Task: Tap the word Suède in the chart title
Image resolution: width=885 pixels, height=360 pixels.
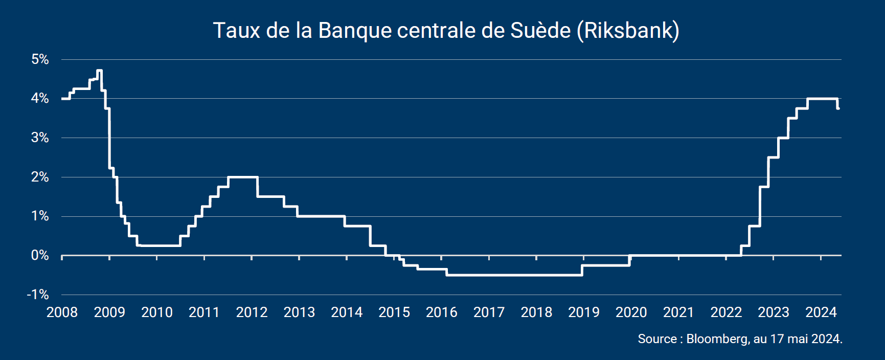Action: (x=540, y=31)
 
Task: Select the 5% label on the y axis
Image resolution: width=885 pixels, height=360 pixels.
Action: (x=40, y=59)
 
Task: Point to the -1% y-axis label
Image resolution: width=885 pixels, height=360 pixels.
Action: (x=38, y=295)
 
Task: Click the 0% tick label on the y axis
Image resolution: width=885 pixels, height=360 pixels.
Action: (x=40, y=255)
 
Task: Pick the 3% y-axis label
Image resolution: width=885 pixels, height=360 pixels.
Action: (x=40, y=138)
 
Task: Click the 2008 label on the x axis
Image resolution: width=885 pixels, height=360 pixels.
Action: (x=62, y=312)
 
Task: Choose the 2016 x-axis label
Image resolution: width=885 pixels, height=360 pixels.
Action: (x=441, y=312)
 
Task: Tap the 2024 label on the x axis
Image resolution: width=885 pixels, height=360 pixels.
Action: (x=821, y=312)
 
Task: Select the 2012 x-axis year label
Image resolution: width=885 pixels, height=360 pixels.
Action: (x=252, y=312)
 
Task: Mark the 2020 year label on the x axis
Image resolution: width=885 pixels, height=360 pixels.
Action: (x=631, y=312)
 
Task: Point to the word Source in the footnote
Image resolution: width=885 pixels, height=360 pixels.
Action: (x=657, y=339)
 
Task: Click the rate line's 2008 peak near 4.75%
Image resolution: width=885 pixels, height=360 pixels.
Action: (x=99, y=71)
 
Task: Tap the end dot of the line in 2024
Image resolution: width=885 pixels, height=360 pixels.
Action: (x=838, y=108)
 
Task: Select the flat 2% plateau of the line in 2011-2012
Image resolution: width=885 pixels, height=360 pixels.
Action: (x=242, y=177)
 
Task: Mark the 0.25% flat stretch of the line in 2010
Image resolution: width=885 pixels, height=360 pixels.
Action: (x=158, y=245)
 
